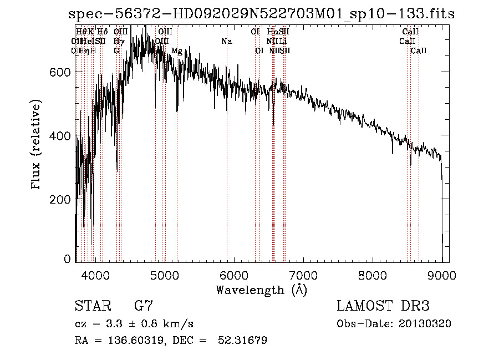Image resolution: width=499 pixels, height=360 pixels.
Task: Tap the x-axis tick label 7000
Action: tap(303, 275)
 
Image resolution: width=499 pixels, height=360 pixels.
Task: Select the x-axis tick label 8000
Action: tap(373, 275)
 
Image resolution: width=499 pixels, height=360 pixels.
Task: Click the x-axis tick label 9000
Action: tap(442, 275)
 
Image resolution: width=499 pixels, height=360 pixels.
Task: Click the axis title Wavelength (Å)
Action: tap(261, 290)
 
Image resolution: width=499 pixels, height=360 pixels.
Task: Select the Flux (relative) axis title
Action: tap(37, 146)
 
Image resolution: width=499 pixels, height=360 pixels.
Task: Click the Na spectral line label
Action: tap(226, 42)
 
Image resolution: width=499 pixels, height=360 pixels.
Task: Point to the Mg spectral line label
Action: tap(177, 51)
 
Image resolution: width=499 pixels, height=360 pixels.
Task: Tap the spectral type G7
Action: tap(144, 306)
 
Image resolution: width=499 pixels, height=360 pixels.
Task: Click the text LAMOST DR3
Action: tap(383, 306)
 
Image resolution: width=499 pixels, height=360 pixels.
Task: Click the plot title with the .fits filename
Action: tap(261, 14)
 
